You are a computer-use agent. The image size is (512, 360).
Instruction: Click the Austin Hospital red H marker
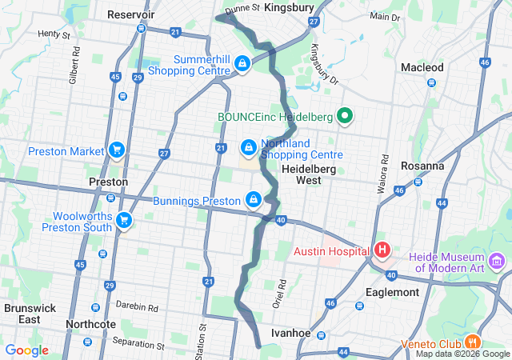[x=382, y=250]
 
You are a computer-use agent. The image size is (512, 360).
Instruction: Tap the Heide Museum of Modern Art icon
[x=498, y=262]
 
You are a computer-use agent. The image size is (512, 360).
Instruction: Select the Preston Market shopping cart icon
[x=117, y=150]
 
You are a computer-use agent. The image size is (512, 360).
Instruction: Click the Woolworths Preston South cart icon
[x=123, y=220]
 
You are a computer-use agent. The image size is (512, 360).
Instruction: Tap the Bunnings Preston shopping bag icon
[x=254, y=199]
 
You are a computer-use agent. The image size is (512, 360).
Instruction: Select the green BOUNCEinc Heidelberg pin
[x=345, y=117]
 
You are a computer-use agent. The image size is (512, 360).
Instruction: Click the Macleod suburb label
[x=422, y=67]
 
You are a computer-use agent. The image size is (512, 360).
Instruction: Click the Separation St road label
[x=139, y=346]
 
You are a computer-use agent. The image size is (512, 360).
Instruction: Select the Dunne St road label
[x=242, y=7]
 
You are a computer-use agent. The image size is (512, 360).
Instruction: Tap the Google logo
[x=26, y=350]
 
